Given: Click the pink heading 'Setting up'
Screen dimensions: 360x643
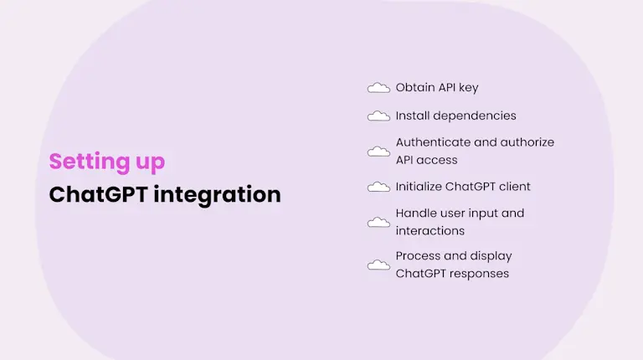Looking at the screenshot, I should tap(106, 162).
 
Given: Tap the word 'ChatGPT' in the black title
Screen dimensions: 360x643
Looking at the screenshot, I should tap(98, 194).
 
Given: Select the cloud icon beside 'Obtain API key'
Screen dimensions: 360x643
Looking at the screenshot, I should tap(378, 88).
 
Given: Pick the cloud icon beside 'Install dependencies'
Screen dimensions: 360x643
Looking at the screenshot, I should tap(378, 116).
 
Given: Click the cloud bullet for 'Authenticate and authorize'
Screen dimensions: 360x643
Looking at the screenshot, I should tap(378, 152).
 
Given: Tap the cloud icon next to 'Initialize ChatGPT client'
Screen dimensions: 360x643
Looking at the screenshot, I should tap(378, 187).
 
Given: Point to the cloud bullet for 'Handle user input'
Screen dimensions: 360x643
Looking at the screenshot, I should tap(378, 222).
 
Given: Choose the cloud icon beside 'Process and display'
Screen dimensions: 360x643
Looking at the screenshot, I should tap(378, 265).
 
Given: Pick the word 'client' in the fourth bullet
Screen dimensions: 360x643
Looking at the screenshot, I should tap(514, 186).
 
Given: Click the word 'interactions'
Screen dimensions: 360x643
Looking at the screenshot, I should tap(430, 230).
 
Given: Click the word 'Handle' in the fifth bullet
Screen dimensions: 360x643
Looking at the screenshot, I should tap(415, 213).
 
